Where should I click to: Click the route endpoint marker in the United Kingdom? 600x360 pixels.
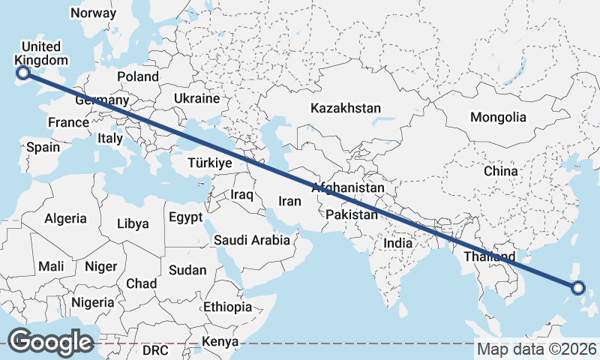click(x=22, y=73)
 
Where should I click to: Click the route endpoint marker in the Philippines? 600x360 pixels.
click(x=577, y=287)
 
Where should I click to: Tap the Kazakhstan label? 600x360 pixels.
click(x=346, y=108)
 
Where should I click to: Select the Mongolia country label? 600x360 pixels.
click(x=498, y=117)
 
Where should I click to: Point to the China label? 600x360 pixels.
click(x=500, y=171)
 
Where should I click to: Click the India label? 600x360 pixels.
click(x=397, y=243)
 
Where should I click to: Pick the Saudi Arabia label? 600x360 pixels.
click(x=251, y=240)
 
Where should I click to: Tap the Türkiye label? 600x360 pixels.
click(x=210, y=162)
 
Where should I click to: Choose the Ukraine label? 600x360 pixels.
click(x=196, y=98)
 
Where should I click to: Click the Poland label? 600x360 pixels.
click(x=138, y=76)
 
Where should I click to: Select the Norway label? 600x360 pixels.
click(x=93, y=13)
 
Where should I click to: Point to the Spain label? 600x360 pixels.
click(x=43, y=147)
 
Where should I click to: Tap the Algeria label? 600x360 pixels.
click(x=66, y=219)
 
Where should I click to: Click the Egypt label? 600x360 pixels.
click(x=185, y=217)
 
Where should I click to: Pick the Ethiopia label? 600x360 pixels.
click(x=227, y=307)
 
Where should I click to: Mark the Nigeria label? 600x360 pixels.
click(x=93, y=303)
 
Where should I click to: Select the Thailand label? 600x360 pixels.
click(x=489, y=256)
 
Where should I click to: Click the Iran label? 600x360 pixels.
click(x=289, y=201)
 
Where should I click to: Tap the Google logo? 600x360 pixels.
click(x=50, y=342)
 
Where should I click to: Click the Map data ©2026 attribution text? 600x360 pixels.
click(x=536, y=349)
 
